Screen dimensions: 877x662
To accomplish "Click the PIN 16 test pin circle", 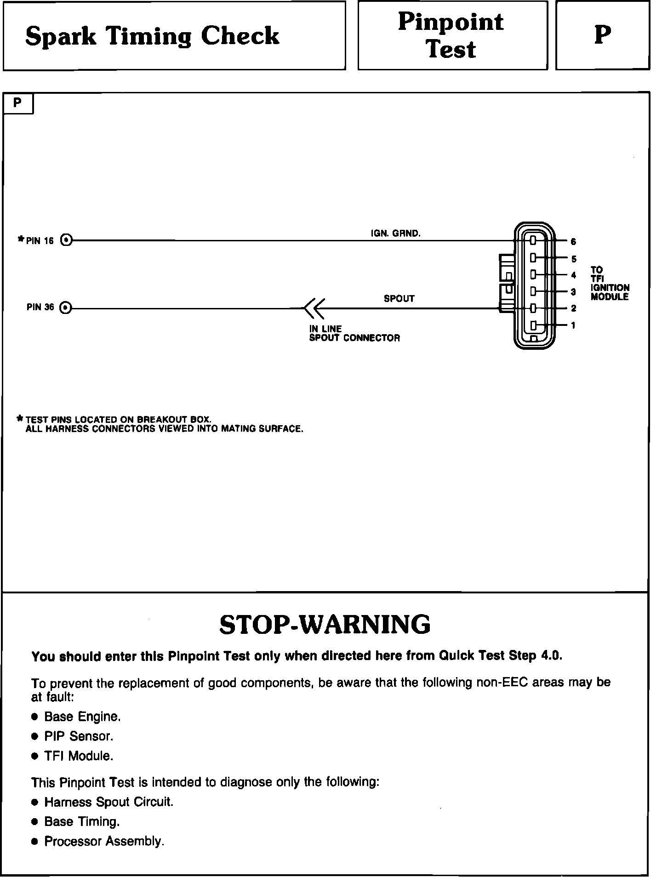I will point(67,240).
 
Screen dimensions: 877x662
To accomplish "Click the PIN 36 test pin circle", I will point(66,308).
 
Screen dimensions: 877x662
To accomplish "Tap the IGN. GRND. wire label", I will point(395,233).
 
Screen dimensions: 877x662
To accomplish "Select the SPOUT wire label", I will point(399,299).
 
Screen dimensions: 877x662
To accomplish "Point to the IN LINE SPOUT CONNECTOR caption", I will point(354,334).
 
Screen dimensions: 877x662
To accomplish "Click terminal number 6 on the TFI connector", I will point(573,241).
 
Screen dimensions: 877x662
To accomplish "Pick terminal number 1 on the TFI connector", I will point(573,325).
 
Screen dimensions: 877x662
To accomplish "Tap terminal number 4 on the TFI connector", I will point(573,275).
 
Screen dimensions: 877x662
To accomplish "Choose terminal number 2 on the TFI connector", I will point(573,308).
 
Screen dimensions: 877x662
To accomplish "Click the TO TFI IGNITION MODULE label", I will point(610,283).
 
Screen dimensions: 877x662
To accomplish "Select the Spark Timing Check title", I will point(152,36).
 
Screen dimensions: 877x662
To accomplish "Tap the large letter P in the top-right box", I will point(602,35).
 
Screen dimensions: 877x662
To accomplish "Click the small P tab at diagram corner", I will point(18,103).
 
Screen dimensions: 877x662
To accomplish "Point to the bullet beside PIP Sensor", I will point(34,736).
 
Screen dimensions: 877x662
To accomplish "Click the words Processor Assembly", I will point(104,841).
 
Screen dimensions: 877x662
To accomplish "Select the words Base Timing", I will point(82,821).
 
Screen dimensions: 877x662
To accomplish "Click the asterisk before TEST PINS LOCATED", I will point(19,419).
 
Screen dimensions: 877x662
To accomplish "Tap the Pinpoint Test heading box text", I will point(451,36).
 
